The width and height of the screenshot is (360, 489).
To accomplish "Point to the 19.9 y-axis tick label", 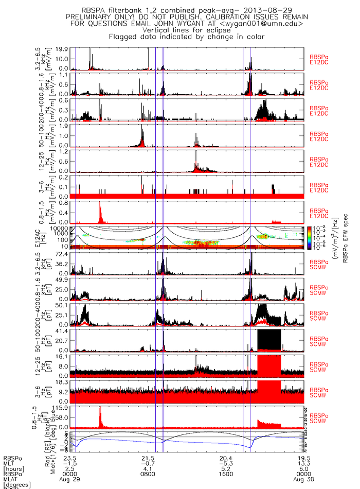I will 62,49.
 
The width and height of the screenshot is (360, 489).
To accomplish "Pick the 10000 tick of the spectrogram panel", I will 60,228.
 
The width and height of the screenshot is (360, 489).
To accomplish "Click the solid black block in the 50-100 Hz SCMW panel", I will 269,339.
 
